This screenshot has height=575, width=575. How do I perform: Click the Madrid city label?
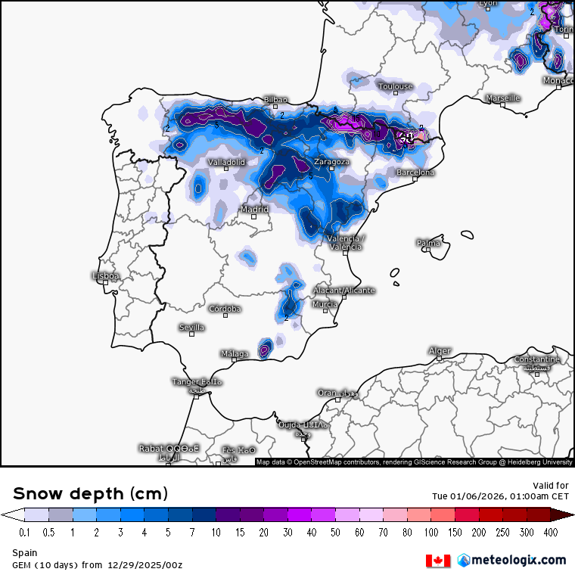[254, 210]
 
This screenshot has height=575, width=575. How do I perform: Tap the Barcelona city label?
[415, 172]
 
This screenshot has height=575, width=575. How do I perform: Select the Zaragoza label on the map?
[331, 162]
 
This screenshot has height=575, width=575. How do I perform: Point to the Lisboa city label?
[105, 276]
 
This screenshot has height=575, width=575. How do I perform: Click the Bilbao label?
[275, 100]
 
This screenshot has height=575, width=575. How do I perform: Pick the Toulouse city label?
[396, 86]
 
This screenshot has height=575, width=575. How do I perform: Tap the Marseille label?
[502, 98]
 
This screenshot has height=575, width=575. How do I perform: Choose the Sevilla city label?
[191, 328]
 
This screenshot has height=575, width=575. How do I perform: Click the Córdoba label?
[225, 309]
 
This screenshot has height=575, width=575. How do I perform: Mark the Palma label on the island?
[428, 243]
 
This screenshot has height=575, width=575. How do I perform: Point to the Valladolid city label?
[226, 163]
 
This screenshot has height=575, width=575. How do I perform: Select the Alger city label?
[440, 351]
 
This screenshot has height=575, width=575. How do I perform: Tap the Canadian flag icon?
[438, 561]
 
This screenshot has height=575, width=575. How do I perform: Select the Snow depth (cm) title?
[90, 494]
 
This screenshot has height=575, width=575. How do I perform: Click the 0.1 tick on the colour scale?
[24, 533]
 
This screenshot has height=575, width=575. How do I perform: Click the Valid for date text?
[499, 496]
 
